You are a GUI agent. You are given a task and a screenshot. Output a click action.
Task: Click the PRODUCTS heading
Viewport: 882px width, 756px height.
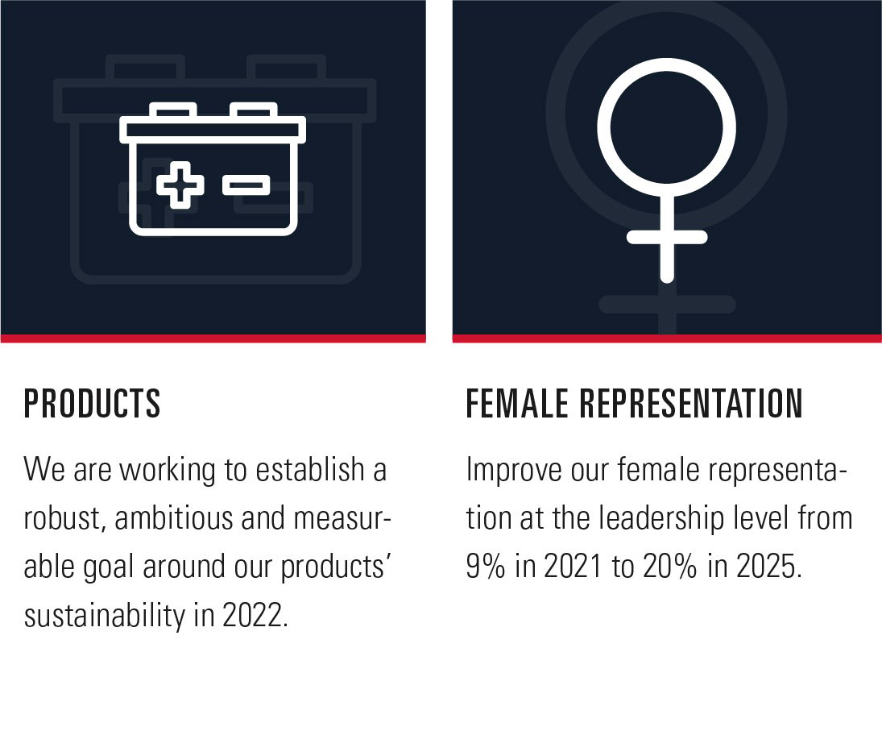[x=93, y=403]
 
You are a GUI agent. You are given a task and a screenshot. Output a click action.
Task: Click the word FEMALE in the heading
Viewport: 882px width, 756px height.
[x=517, y=403]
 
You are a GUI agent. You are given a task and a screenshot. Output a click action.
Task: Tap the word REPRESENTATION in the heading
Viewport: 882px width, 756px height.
[x=691, y=403]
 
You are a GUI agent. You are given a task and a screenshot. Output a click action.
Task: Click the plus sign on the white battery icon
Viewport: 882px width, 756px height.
[x=180, y=185]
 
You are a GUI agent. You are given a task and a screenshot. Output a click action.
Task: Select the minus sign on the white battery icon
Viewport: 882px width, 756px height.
[x=246, y=185]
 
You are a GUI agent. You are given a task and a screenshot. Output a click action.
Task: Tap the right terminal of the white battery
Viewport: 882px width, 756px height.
[x=254, y=110]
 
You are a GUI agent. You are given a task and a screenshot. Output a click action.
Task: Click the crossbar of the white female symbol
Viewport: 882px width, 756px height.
[x=667, y=237]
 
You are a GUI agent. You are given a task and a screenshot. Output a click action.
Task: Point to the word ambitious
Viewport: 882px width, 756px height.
[x=174, y=518]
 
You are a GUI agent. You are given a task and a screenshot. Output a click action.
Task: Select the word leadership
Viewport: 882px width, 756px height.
[x=661, y=519]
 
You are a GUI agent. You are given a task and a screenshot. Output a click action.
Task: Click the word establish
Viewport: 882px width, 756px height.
[x=310, y=469]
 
